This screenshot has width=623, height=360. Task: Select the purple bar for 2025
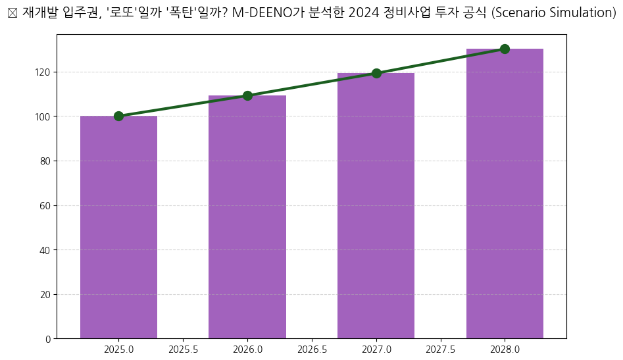coord(118,227)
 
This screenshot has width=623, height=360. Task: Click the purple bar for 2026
coord(247,217)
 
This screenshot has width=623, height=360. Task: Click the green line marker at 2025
coord(118,116)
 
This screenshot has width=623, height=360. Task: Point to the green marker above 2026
coord(247,95)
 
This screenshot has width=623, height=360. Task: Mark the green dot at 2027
coord(376,73)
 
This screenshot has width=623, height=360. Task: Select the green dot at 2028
coord(505,49)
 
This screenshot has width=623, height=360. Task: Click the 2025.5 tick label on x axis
coord(183,349)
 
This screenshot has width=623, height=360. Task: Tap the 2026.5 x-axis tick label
coord(312,349)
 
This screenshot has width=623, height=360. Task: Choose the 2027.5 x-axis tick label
coord(440,349)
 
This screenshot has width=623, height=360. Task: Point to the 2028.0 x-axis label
coord(505,349)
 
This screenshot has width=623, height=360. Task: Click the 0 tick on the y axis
coord(47,339)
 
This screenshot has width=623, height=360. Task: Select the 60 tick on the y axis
coord(45,205)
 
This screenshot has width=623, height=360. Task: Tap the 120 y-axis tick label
coord(43,72)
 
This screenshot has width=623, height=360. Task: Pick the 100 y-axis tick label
coord(43,116)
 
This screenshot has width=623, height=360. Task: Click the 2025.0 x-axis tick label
coord(118,349)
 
